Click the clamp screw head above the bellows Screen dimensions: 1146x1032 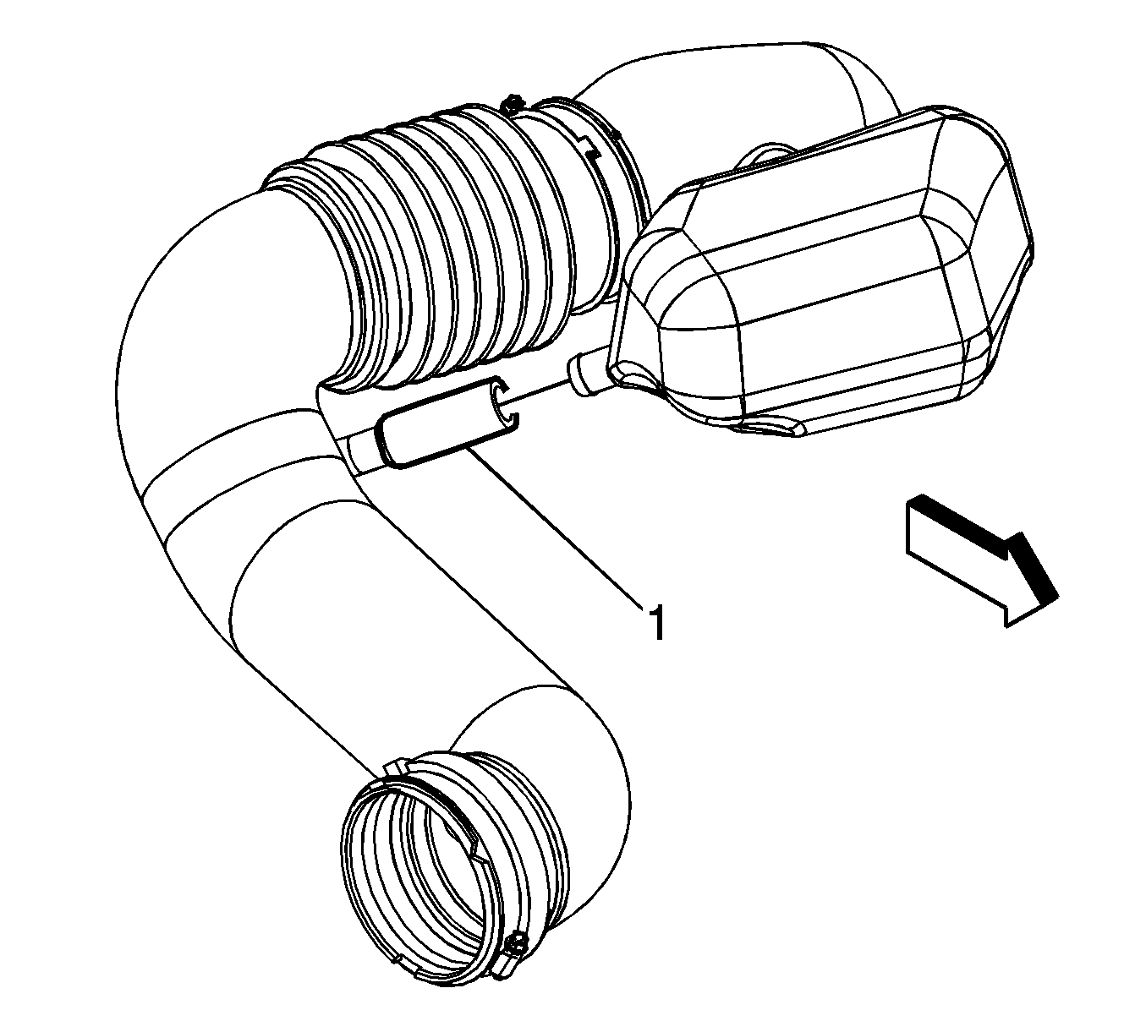[512, 105]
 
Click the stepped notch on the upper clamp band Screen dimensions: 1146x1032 [589, 145]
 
